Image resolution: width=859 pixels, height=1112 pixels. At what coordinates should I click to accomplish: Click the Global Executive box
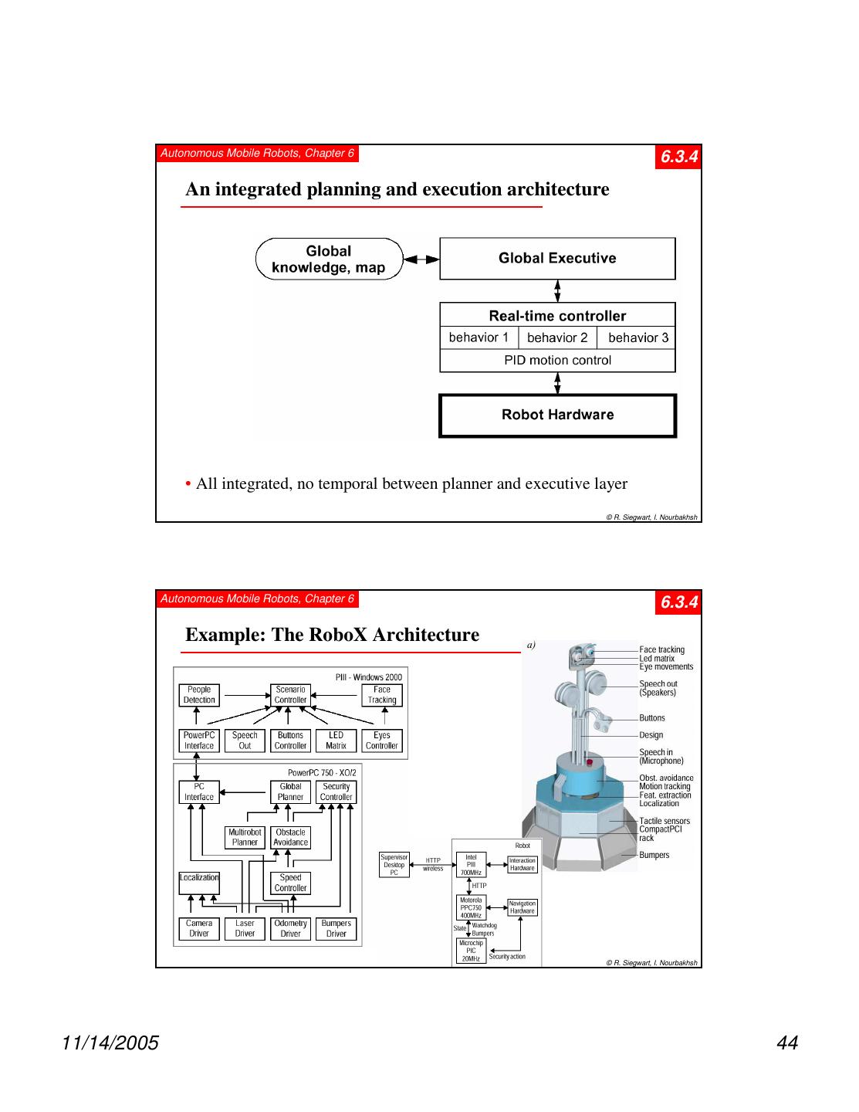coord(557,259)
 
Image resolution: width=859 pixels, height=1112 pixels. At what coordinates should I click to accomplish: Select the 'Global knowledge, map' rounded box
coord(329,259)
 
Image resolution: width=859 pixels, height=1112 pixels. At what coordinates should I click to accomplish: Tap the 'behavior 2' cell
coord(557,337)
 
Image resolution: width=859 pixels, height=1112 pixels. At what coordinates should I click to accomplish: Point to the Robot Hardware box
coord(557,415)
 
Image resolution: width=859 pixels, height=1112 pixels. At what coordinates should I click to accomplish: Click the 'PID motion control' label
coord(557,360)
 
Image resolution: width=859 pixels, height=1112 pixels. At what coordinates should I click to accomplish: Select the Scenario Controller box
coord(290,695)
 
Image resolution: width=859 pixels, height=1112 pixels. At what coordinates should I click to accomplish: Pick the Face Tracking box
coord(382,695)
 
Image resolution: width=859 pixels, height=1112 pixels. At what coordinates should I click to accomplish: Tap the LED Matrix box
coord(336,741)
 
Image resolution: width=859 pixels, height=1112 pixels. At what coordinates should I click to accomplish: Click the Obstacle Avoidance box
coord(290,838)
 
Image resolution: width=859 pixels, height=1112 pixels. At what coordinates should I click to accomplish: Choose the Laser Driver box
coord(245,928)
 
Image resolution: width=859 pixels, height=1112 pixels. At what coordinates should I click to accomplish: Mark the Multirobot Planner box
coord(245,838)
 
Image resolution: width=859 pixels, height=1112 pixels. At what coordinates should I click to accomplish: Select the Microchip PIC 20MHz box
coord(471,951)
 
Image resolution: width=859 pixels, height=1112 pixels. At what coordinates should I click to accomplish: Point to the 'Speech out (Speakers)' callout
coord(658,688)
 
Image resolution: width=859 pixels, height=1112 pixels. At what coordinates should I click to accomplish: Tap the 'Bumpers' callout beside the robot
coord(654,855)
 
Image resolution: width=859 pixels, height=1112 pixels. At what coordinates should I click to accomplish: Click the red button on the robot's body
coord(590,763)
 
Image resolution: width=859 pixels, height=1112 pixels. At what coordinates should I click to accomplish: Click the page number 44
coord(787,1043)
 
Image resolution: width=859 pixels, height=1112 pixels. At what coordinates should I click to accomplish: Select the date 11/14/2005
coord(110,1043)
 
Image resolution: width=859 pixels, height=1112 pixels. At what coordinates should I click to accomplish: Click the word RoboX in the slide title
coord(338,635)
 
